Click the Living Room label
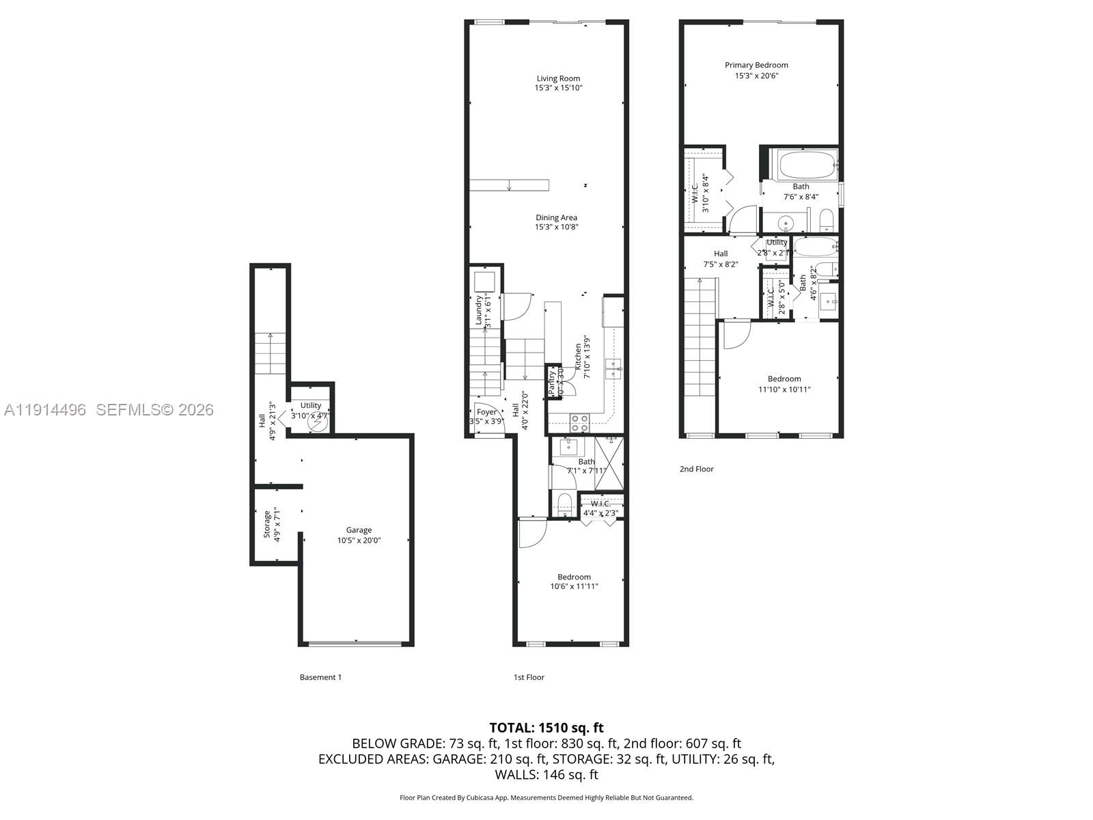pos(558,79)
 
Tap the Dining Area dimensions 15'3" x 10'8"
pos(556,227)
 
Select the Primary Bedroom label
pos(756,66)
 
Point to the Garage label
pos(359,530)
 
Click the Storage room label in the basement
pos(267,525)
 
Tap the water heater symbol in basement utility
pos(318,423)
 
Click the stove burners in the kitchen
pos(579,424)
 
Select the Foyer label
pos(486,412)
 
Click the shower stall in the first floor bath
pos(609,463)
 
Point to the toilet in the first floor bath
pos(564,505)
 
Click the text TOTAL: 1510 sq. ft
pos(546,728)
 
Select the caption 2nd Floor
pos(696,469)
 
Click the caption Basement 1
pos(320,678)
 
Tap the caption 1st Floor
pos(529,678)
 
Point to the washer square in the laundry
pos(485,282)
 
